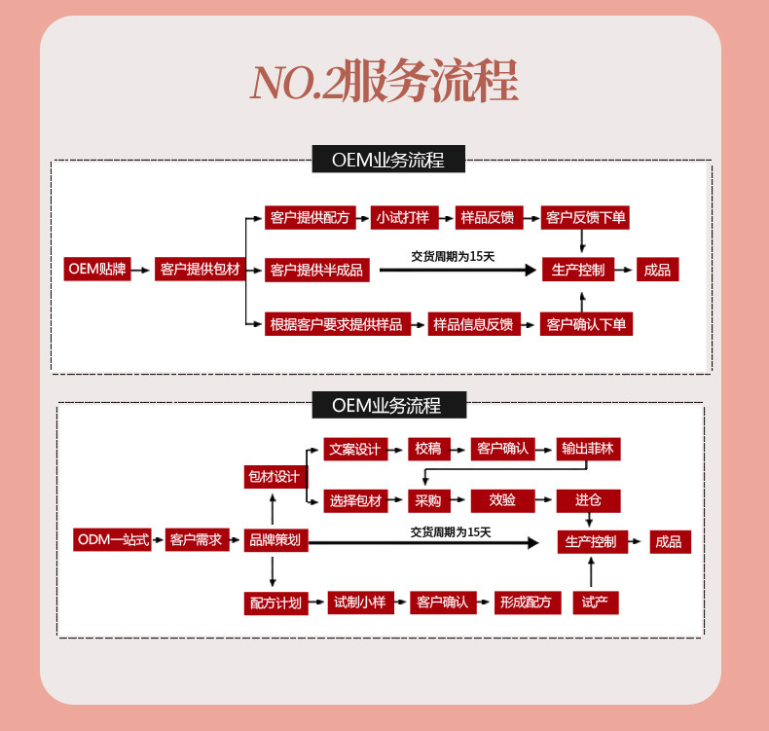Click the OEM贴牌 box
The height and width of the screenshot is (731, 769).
[x=96, y=269]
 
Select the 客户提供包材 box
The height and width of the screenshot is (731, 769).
[x=199, y=269]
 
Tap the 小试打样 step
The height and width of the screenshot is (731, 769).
[x=402, y=218]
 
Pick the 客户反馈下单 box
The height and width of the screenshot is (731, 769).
[x=585, y=218]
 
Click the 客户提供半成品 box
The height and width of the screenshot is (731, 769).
[x=316, y=270]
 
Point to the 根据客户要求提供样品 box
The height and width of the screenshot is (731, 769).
[x=336, y=324]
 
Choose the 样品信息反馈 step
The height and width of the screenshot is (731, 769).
[x=472, y=324]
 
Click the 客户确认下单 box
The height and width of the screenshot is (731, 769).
[x=586, y=324]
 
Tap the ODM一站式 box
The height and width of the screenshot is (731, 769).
[x=113, y=540]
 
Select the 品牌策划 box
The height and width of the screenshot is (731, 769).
[x=275, y=540]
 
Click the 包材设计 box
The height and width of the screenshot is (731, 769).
[x=274, y=477]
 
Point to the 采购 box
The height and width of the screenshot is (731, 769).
[x=428, y=500]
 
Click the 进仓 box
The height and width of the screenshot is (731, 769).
[x=588, y=500]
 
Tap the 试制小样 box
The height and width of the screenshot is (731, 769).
[x=359, y=603]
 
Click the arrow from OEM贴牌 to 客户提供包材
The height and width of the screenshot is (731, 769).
[x=141, y=270]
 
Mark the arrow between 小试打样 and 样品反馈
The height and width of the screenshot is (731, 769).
[x=443, y=218]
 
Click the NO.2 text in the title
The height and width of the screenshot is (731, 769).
[x=296, y=83]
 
